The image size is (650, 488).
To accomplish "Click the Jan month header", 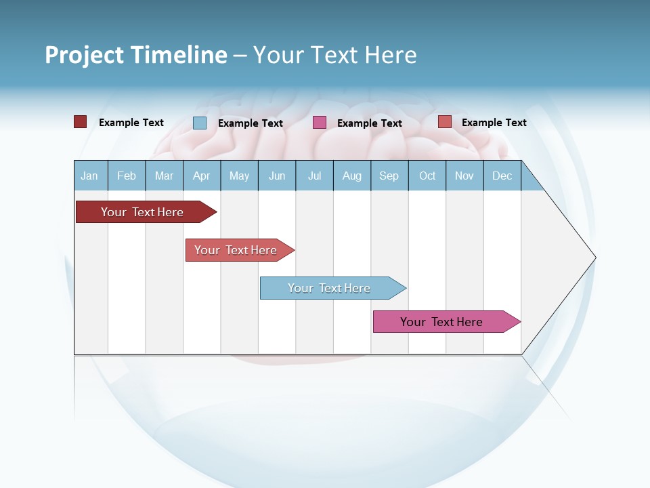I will [x=90, y=176].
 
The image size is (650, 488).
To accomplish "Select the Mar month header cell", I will [x=164, y=176].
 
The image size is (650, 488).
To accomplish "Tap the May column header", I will [x=239, y=176].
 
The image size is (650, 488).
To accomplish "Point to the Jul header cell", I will [x=314, y=176].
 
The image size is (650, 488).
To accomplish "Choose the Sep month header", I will [x=389, y=176].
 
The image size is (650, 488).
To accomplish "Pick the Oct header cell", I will [x=427, y=176].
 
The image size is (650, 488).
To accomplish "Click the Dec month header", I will [x=502, y=176].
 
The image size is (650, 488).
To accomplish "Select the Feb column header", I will [x=127, y=176].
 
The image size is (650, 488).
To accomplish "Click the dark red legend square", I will [x=81, y=122].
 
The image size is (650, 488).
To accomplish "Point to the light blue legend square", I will [x=200, y=123].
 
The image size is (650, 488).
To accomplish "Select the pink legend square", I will [x=320, y=122].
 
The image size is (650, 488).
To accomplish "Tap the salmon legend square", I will [x=444, y=122].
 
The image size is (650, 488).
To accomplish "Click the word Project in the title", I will [x=85, y=55].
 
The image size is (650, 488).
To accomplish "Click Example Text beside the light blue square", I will [x=251, y=123].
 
